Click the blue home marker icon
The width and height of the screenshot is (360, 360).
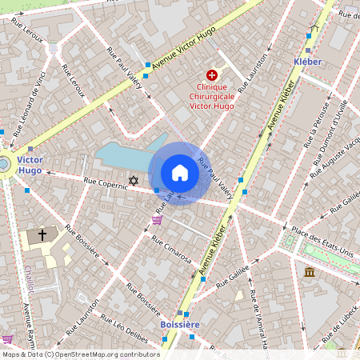(x=180, y=173)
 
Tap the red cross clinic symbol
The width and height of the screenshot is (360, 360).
(x=211, y=74)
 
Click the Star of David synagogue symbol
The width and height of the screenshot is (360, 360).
(x=133, y=182)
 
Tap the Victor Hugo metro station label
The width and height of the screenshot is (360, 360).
(x=30, y=165)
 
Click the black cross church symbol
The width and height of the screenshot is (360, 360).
(x=42, y=235)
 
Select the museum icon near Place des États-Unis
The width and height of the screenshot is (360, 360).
(x=309, y=273)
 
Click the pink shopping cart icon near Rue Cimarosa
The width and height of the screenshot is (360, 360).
(x=157, y=220)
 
